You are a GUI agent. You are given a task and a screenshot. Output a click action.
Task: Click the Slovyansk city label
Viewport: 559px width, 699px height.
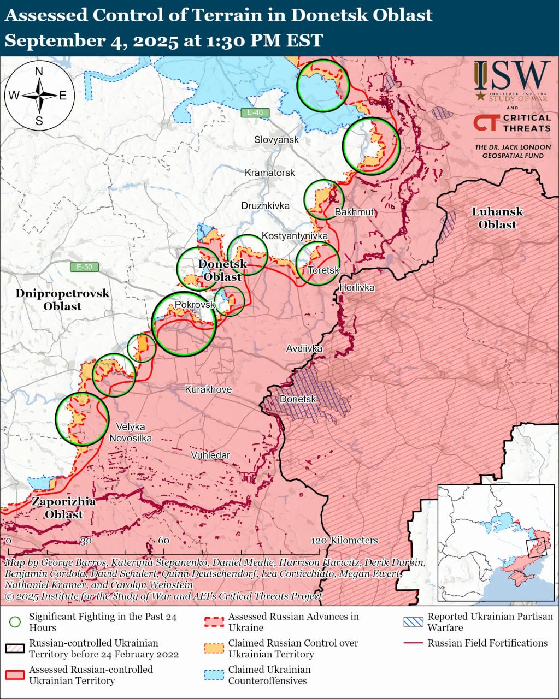pos(276,140)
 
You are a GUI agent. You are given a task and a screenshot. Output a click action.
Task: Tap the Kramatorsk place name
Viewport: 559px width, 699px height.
pos(269,173)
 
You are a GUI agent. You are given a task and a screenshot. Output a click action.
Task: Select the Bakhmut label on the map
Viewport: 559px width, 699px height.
pos(354,212)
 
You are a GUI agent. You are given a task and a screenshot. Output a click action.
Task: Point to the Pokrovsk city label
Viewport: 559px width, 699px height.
pos(195,305)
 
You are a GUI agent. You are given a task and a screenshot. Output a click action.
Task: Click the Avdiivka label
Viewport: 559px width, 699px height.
pos(304,348)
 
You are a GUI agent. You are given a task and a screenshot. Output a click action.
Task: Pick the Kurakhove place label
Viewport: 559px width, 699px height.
pos(208,389)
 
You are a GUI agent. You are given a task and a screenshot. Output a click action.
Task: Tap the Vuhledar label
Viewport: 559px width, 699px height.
pos(210,455)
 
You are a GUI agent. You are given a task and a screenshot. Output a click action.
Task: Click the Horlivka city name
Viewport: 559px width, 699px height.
pos(357,287)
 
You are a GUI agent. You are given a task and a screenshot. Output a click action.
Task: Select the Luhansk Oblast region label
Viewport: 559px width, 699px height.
pos(497,218)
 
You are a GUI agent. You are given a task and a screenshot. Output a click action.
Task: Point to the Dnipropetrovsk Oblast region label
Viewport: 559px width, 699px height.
pos(62,300)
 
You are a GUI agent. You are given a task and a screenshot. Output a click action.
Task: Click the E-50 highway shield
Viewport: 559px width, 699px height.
pos(84,267)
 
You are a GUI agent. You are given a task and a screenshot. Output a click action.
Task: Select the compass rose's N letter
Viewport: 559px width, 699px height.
pos(39,71)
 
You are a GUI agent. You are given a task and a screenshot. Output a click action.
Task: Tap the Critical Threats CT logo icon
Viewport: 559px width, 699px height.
pos(485,123)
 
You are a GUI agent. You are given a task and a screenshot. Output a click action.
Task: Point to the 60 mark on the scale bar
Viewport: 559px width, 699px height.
pos(163,540)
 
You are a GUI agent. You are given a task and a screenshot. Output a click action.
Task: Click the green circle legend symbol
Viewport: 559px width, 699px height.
pos(15,621)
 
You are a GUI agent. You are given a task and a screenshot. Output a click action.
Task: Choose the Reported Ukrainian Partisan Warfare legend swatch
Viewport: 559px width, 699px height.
pos(413,621)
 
